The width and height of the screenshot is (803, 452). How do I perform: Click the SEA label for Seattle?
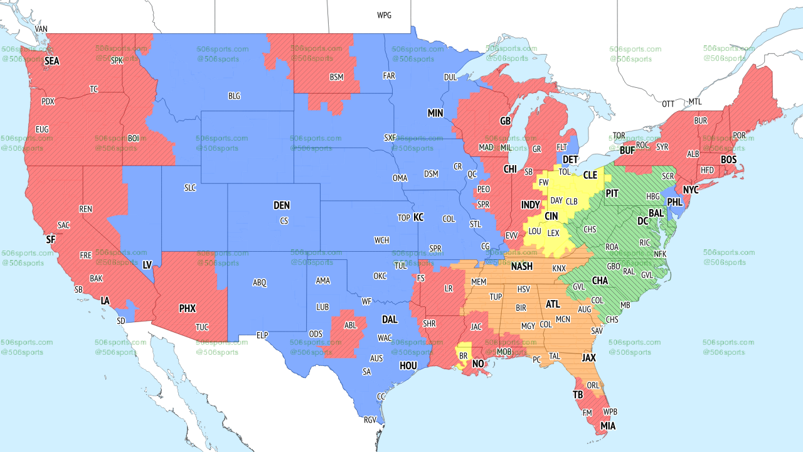click(51, 62)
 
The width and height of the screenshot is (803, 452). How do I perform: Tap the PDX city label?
click(48, 101)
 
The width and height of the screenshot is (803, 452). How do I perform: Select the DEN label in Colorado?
click(282, 205)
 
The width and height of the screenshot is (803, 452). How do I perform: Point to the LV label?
click(147, 265)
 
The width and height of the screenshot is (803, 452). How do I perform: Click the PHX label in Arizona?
click(188, 308)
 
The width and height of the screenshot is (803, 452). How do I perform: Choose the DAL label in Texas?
click(390, 320)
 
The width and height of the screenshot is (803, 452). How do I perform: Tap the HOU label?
click(408, 365)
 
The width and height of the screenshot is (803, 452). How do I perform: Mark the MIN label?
click(435, 114)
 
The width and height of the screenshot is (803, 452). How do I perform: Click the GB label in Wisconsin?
click(505, 121)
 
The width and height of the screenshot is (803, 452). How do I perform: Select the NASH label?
click(521, 266)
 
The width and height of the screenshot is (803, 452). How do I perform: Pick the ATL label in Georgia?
click(552, 304)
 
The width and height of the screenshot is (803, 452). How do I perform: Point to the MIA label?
click(607, 426)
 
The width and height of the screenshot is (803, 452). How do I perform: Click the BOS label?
click(728, 160)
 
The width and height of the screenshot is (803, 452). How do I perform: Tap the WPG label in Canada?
click(384, 15)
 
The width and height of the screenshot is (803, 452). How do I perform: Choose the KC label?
click(418, 217)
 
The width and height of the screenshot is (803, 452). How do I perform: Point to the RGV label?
click(370, 419)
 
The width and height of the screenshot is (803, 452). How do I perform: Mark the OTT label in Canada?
click(669, 104)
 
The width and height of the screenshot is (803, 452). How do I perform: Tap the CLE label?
click(590, 175)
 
